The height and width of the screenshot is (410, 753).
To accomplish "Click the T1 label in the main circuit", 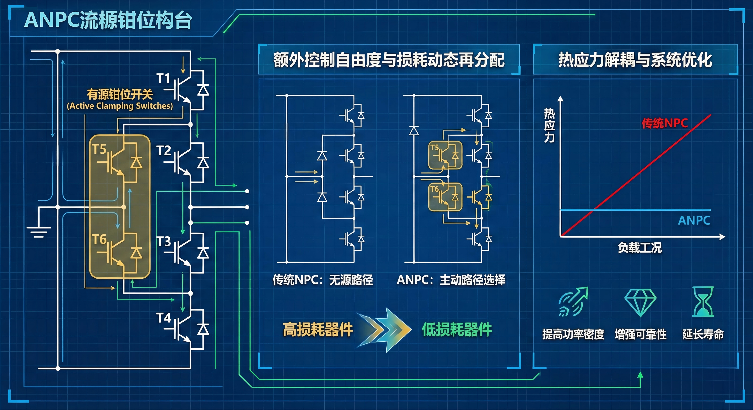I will [163, 78].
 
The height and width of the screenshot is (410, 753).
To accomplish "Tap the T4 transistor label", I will [163, 317].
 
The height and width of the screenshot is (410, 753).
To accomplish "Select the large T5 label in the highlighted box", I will [99, 149].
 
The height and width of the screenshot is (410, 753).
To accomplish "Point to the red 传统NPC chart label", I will [664, 123].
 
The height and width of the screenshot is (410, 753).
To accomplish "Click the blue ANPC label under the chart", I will [694, 220].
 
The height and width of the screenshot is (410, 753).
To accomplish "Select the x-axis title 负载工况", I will [640, 248].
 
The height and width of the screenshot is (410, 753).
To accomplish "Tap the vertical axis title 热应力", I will [549, 125].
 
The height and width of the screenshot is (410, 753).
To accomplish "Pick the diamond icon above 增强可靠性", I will [640, 302].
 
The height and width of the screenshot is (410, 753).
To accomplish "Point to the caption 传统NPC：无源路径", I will [323, 280].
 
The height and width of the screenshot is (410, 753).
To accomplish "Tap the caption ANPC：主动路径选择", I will [451, 280].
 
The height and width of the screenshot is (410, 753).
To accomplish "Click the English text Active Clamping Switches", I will [120, 106].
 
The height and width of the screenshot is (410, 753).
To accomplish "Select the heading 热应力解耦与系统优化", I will [635, 60].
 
